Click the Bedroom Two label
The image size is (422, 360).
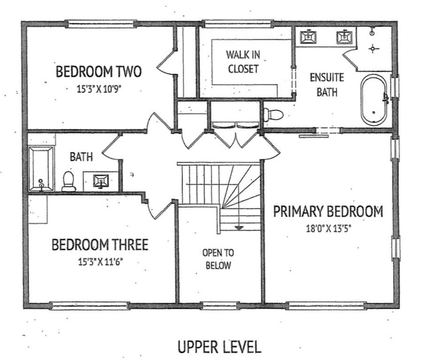(x=98, y=72)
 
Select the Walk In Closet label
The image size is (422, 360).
(x=243, y=61)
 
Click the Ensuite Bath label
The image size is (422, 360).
(x=327, y=85)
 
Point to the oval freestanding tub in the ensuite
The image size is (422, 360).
(x=374, y=100)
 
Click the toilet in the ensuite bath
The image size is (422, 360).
(x=273, y=115)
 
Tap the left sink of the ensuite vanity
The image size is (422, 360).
(x=308, y=37)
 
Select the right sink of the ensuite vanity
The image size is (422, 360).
(x=344, y=37)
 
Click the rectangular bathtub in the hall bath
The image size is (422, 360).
(x=41, y=169)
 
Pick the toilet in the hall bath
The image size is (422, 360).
(x=68, y=181)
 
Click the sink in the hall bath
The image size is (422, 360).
(x=101, y=181)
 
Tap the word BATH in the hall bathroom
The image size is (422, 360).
(x=81, y=157)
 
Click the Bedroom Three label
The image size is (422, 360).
(x=100, y=245)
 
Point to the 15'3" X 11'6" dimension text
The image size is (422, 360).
(x=101, y=262)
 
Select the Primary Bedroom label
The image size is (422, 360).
(x=328, y=211)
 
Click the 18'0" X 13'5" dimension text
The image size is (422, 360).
(x=329, y=229)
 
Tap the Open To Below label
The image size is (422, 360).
(x=218, y=259)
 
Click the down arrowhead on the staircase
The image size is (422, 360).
(x=239, y=228)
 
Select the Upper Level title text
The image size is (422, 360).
(x=219, y=346)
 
